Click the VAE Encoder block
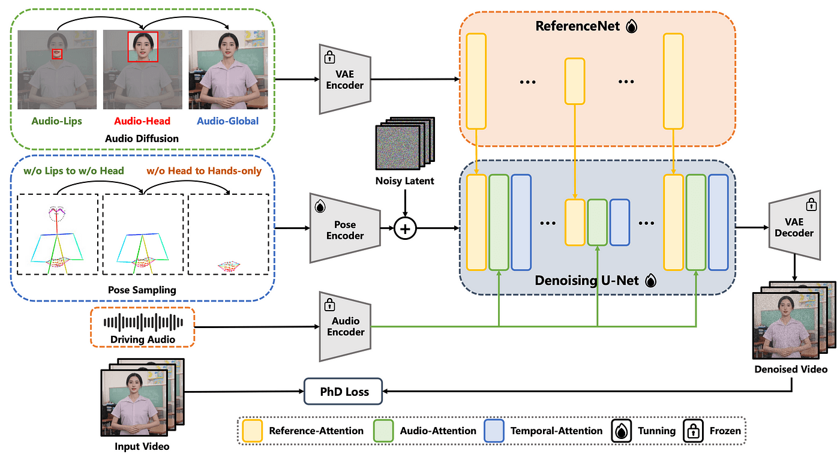tap(345, 78)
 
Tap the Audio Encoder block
tap(346, 326)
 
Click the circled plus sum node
tap(406, 228)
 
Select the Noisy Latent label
tap(405, 181)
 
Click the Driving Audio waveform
tap(143, 323)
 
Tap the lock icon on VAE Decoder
tap(811, 205)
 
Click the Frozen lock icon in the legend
tap(692, 430)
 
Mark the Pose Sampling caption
tap(142, 290)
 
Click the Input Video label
tap(142, 446)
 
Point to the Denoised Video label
tap(791, 369)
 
